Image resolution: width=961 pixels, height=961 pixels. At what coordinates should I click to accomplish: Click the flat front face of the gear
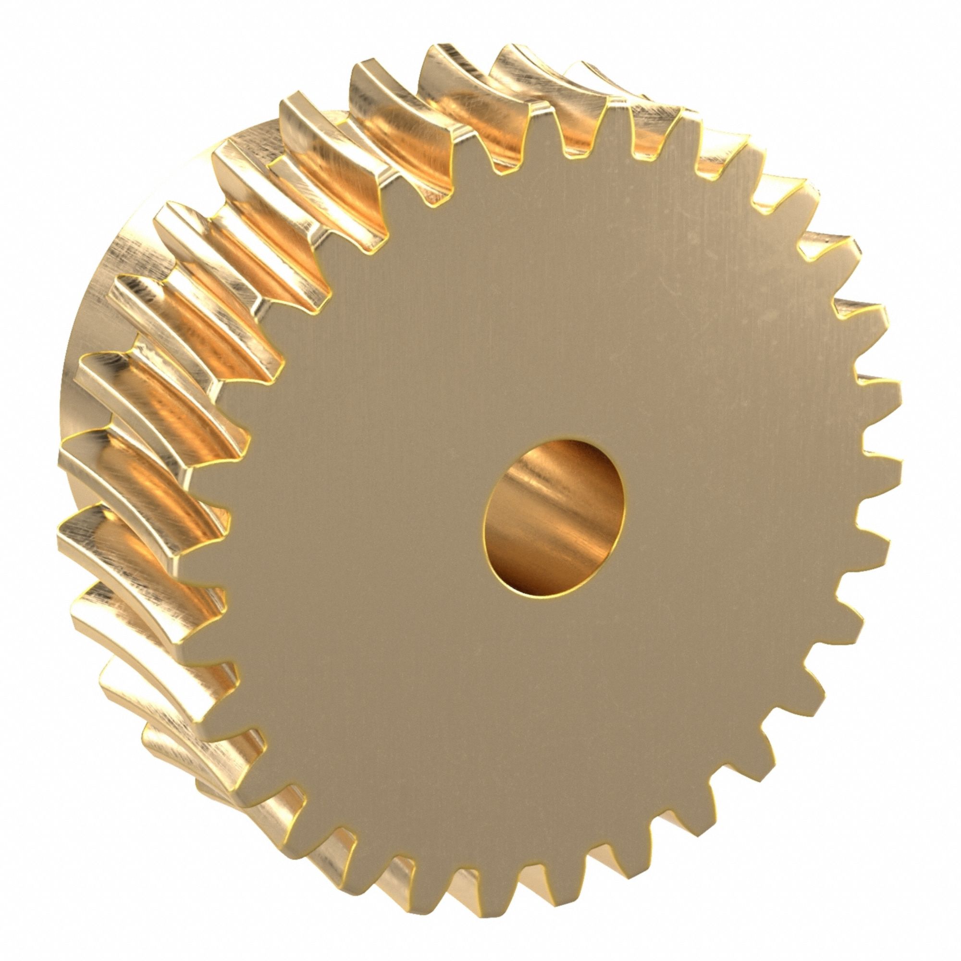point(398,448)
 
